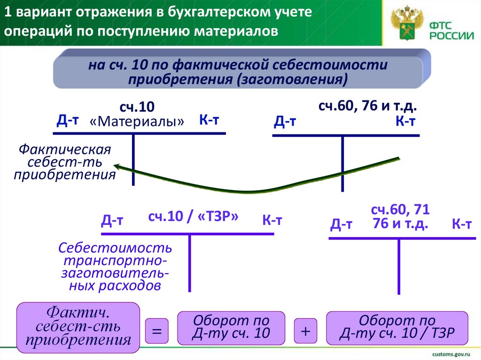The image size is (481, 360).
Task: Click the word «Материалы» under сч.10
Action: (x=137, y=122)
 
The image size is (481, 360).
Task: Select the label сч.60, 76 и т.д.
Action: (x=368, y=107)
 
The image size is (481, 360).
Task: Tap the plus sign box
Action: (x=306, y=331)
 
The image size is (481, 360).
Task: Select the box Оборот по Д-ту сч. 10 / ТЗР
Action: (x=397, y=327)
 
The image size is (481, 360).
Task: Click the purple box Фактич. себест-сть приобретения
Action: (x=78, y=327)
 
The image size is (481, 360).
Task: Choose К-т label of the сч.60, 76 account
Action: (x=406, y=122)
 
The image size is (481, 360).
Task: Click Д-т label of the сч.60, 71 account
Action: (x=341, y=225)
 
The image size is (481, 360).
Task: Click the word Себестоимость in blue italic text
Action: (x=116, y=247)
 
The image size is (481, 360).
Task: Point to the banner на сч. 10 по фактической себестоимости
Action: (x=238, y=72)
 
